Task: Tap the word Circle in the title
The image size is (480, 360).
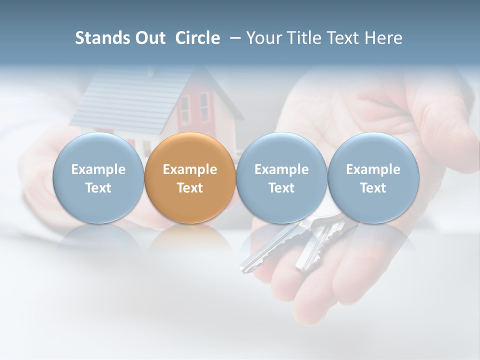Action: click(197, 38)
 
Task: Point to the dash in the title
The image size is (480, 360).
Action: click(234, 38)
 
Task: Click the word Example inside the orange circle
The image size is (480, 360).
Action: click(190, 169)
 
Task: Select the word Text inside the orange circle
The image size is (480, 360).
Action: click(190, 188)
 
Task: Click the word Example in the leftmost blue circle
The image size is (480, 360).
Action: click(98, 169)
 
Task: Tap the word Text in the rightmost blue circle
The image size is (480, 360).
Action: click(373, 188)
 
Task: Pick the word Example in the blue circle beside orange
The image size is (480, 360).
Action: click(281, 169)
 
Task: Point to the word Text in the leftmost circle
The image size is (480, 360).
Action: click(98, 188)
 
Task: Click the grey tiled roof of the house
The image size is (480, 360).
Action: click(125, 100)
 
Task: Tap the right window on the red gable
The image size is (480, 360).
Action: click(204, 106)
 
